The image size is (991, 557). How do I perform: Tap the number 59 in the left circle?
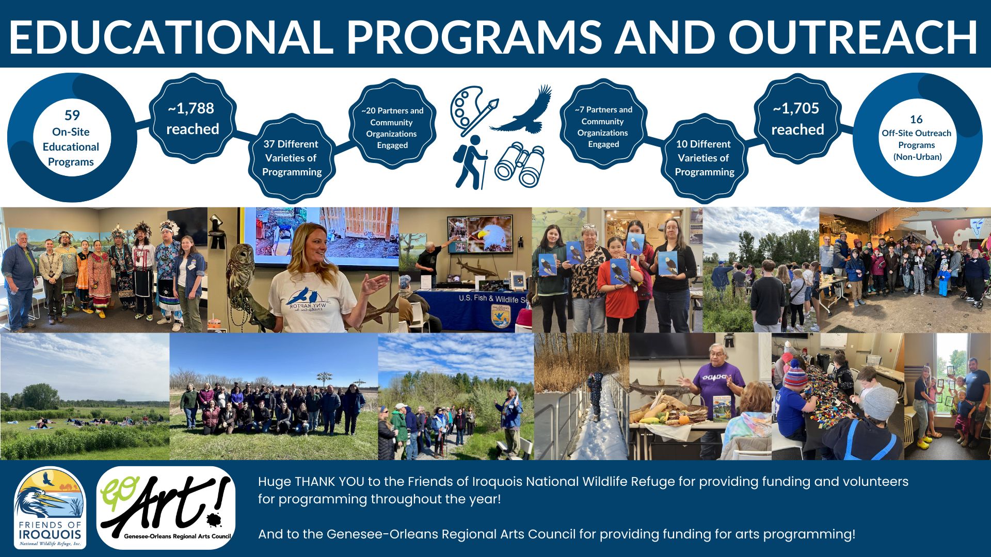72,115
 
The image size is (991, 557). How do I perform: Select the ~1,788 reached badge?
193,118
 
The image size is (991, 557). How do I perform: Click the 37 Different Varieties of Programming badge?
292,158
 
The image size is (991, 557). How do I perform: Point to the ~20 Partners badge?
392,124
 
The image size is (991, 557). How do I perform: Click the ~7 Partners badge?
603,124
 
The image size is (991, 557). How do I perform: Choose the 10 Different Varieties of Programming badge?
704,158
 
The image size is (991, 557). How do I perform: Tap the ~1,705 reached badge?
797,119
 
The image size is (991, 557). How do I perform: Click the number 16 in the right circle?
916,120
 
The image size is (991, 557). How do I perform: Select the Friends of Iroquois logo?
50,507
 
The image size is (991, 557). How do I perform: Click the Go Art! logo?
166,507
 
